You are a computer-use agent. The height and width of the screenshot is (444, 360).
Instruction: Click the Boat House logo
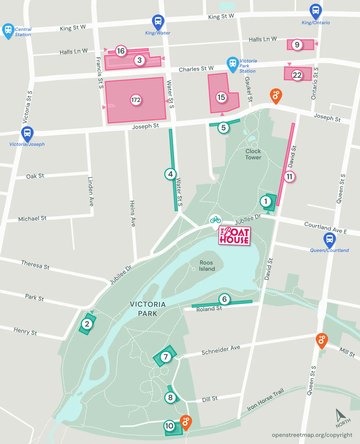[x=234, y=236]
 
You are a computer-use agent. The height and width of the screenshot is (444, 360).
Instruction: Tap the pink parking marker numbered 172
[x=136, y=100]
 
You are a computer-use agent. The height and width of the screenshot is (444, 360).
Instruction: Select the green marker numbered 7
[x=166, y=357]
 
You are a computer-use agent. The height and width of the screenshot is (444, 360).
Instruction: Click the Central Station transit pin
[x=8, y=30]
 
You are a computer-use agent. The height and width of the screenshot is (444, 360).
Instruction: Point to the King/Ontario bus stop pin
[x=315, y=11]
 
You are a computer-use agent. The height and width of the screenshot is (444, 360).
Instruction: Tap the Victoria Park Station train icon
[x=233, y=63]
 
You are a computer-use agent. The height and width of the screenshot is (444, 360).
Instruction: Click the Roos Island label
[x=207, y=266]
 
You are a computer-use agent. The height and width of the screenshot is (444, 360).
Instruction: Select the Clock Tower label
[x=253, y=154]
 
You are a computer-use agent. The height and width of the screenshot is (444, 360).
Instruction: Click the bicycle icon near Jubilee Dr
[x=215, y=220]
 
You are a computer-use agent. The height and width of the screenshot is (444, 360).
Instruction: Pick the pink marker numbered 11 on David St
[x=289, y=176]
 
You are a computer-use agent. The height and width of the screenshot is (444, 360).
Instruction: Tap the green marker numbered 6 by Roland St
[x=224, y=299]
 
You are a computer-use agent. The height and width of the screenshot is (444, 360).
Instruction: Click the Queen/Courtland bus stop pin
[x=329, y=240]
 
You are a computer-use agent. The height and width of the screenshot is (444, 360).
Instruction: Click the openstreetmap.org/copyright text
[x=312, y=435]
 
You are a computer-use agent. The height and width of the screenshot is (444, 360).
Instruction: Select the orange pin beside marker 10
[x=186, y=422]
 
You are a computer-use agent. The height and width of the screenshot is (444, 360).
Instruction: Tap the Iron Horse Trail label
[x=265, y=399]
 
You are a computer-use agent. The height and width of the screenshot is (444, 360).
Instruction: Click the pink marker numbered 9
[x=297, y=45]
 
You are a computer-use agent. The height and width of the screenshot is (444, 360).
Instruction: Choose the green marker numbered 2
[x=87, y=324]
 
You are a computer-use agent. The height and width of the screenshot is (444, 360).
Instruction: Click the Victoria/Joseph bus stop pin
[x=27, y=133]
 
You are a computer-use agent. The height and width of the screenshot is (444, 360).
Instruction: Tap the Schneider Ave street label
[x=221, y=350]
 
